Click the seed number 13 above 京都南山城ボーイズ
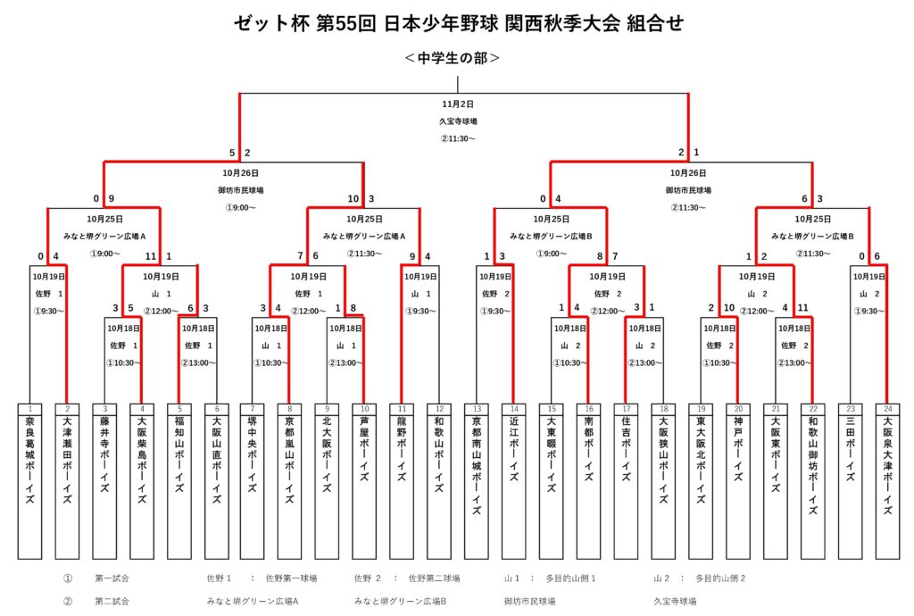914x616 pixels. [477, 409]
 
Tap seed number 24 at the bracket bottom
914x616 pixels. [887, 409]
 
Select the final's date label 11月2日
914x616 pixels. [458, 104]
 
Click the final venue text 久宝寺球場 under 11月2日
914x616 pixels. [458, 121]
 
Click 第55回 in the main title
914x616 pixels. [347, 23]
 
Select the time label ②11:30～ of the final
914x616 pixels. [458, 138]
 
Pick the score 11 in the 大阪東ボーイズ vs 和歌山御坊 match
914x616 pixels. [802, 308]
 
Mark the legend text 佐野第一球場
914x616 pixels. [292, 579]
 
